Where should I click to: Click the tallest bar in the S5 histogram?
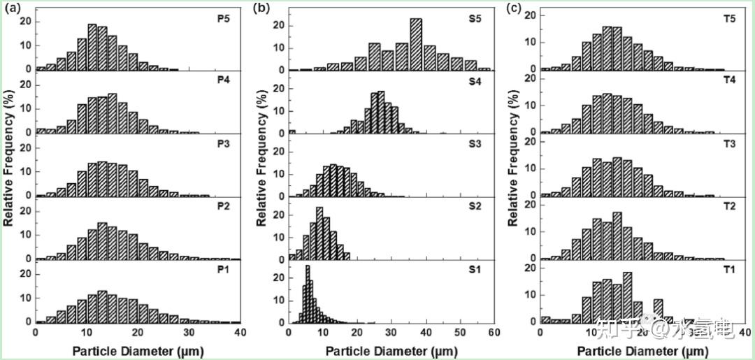(416, 44)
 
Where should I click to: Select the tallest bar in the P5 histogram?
(92, 47)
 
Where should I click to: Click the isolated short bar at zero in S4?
(292, 131)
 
